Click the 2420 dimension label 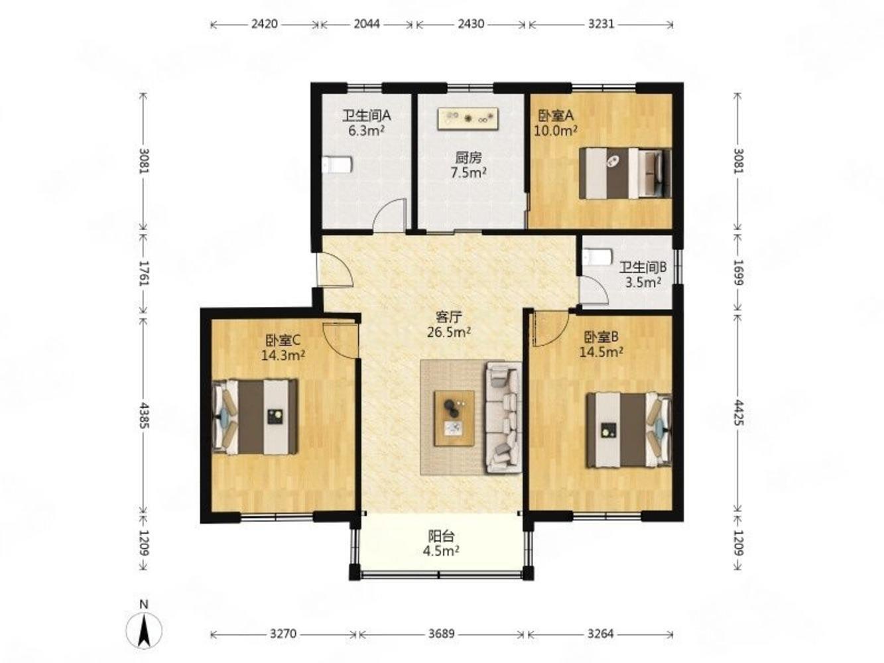pyautogui.click(x=265, y=24)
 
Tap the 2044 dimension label pyautogui.click(x=367, y=24)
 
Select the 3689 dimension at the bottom pyautogui.click(x=442, y=634)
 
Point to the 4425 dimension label pyautogui.click(x=738, y=412)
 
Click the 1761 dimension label pyautogui.click(x=144, y=274)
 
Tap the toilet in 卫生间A pyautogui.click(x=338, y=164)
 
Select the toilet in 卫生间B pyautogui.click(x=598, y=257)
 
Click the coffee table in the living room pyautogui.click(x=454, y=418)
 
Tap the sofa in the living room pyautogui.click(x=503, y=418)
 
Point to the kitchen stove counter pyautogui.click(x=468, y=119)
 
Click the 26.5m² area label pyautogui.click(x=449, y=332)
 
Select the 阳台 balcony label pyautogui.click(x=442, y=536)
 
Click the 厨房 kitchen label pyautogui.click(x=468, y=157)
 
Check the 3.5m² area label pyautogui.click(x=643, y=282)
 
